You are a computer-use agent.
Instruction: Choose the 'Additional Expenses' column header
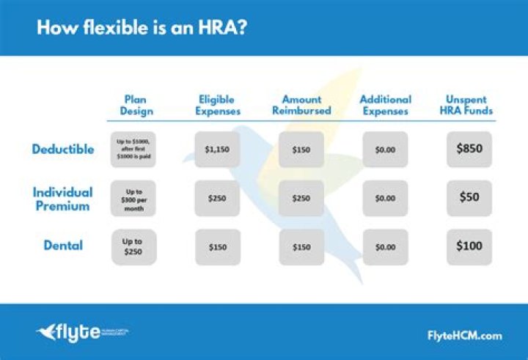tap(385, 106)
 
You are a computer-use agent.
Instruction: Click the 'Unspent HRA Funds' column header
tap(469, 106)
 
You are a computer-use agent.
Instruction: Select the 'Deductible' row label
tap(63, 149)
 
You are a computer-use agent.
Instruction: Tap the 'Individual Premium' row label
tap(62, 199)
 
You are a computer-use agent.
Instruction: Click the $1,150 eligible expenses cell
tap(217, 150)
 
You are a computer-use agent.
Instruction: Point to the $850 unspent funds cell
tap(469, 149)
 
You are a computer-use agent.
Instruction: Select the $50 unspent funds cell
tap(469, 197)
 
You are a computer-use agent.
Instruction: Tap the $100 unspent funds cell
tap(469, 246)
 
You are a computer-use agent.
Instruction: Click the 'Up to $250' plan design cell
tap(133, 247)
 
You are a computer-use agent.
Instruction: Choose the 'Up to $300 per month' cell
tap(133, 199)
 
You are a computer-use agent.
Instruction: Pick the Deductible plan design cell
tap(133, 150)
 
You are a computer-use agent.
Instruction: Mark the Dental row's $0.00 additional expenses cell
tap(385, 247)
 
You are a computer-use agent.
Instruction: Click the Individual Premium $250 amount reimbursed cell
tap(301, 199)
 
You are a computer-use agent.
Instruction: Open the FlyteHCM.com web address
tap(464, 335)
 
